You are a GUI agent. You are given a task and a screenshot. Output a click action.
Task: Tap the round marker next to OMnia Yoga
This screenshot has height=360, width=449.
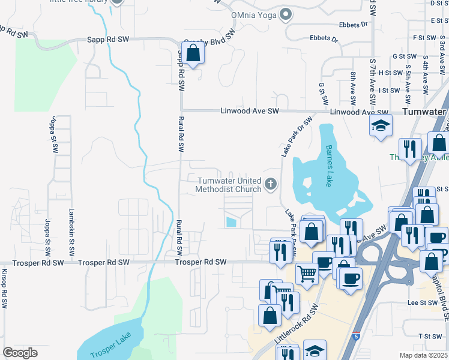[x=286, y=13]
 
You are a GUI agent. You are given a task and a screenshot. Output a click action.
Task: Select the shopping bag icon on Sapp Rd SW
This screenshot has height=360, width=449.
[x=193, y=53]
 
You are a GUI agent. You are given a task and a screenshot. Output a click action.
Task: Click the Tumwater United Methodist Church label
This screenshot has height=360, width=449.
[x=229, y=185]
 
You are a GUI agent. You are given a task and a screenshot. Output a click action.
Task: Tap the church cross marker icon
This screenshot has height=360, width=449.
[x=271, y=184]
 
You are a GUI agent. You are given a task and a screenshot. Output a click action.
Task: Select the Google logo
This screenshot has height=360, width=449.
[x=20, y=353]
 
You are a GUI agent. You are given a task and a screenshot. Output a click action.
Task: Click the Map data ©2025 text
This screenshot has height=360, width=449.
[x=423, y=355]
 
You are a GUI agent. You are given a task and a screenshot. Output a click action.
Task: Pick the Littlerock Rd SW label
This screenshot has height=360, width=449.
[x=297, y=328]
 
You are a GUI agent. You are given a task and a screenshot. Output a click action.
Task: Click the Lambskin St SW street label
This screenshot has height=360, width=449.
[x=71, y=225]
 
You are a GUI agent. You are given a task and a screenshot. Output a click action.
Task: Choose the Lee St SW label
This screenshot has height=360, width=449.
[x=421, y=304]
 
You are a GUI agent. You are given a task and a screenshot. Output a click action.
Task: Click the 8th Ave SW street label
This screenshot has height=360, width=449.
[x=353, y=86]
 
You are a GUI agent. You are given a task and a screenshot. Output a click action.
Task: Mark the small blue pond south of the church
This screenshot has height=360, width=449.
[x=231, y=222]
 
